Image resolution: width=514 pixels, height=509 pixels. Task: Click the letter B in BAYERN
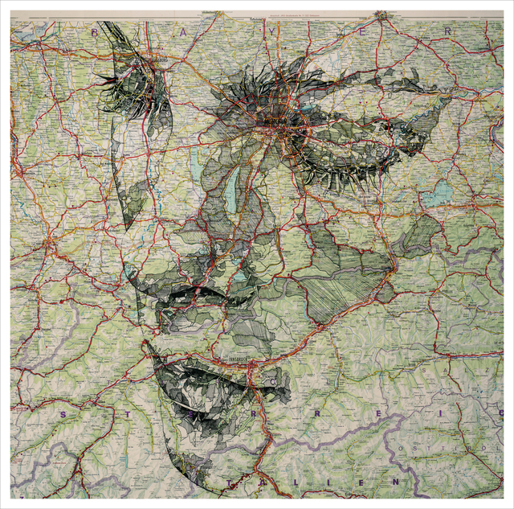point(95,33)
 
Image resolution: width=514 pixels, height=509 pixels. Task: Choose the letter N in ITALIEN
point(395,480)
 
